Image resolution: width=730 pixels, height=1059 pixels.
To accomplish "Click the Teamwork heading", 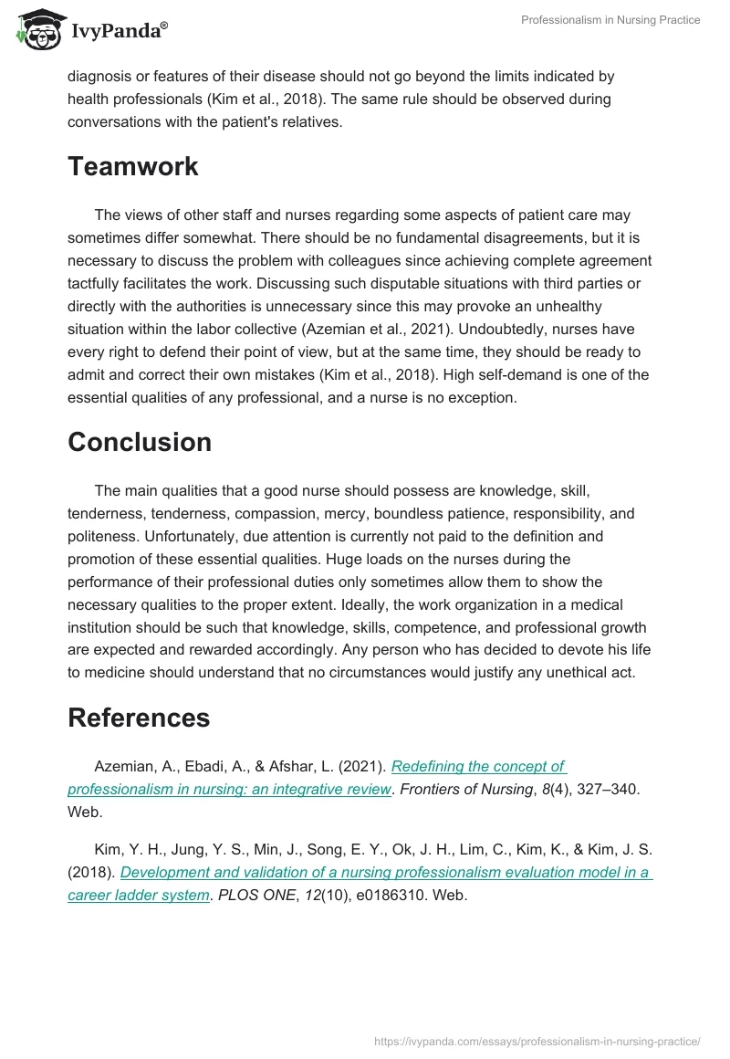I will tap(132, 166).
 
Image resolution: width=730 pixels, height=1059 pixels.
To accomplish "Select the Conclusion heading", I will tap(139, 442).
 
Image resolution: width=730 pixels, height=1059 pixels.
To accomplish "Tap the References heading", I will tap(139, 718).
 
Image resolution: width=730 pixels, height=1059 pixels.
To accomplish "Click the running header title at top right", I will tap(610, 20).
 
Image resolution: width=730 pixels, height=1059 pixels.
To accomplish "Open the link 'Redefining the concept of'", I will tap(479, 766).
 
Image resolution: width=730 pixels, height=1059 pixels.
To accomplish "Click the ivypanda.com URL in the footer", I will tap(537, 1041).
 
